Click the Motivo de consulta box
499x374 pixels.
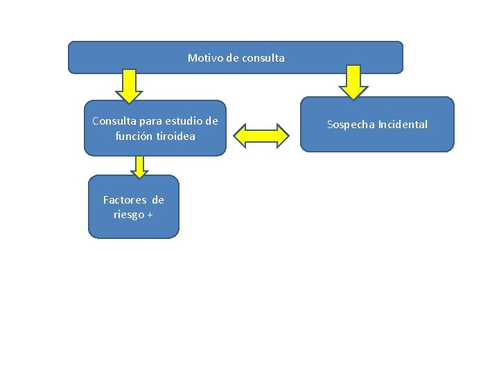pos(235,57)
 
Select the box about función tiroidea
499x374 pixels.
pos(155,128)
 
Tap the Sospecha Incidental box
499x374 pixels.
pos(377,124)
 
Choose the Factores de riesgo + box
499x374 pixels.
pos(133,206)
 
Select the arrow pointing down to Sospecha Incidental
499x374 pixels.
pos(353,82)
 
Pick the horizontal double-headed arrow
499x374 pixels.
pos(261,136)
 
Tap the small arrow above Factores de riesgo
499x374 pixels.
pos(139,166)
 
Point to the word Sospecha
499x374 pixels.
pos(351,125)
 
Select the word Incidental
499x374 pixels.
pos(403,125)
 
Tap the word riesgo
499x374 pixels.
pos(128,215)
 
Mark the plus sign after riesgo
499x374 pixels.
pos(150,215)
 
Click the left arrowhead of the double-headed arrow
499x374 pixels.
pos(240,136)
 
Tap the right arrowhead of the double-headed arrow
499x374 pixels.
pos(281,136)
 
